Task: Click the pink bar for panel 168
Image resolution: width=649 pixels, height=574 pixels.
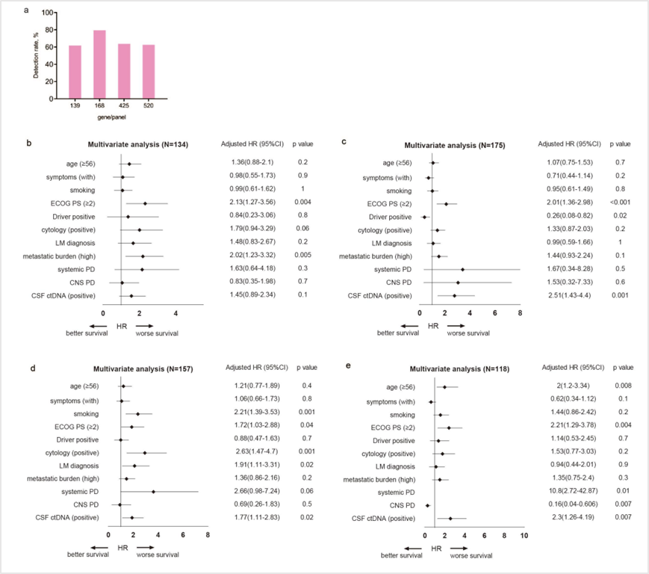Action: point(99,64)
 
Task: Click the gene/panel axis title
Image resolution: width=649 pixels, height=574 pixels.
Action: point(111,117)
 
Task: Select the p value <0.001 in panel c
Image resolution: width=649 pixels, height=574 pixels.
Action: point(621,203)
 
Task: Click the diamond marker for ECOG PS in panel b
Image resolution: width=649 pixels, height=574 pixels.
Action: point(145,203)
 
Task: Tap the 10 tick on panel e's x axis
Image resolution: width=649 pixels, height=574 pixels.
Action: point(524,535)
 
